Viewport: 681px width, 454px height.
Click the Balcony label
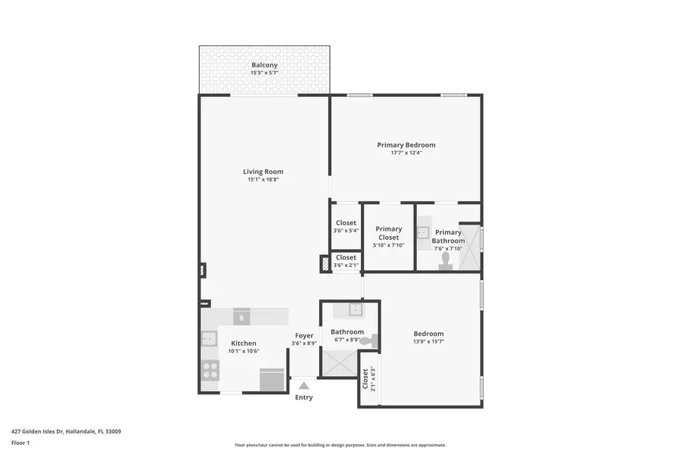pos(264,65)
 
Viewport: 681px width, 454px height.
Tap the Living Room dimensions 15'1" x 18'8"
pos(263,180)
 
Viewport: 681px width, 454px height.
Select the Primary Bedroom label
pos(406,145)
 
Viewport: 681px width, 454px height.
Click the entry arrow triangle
pos(303,386)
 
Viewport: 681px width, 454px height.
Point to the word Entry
pos(303,397)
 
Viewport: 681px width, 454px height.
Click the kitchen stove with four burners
pos(210,370)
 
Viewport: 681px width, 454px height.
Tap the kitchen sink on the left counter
pos(209,339)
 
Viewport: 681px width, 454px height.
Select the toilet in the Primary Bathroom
pos(445,260)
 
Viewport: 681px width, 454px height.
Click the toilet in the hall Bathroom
pos(368,342)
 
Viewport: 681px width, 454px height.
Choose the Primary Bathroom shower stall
pos(470,247)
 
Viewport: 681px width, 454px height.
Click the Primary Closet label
pos(389,233)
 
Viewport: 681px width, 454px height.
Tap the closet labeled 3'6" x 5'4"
pos(346,227)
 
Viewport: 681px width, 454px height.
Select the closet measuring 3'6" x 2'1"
pos(346,261)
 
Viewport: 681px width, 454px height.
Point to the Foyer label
pos(304,335)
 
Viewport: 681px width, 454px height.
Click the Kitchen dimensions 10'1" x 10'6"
pos(244,351)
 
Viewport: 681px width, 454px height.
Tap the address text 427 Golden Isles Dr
pos(66,431)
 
